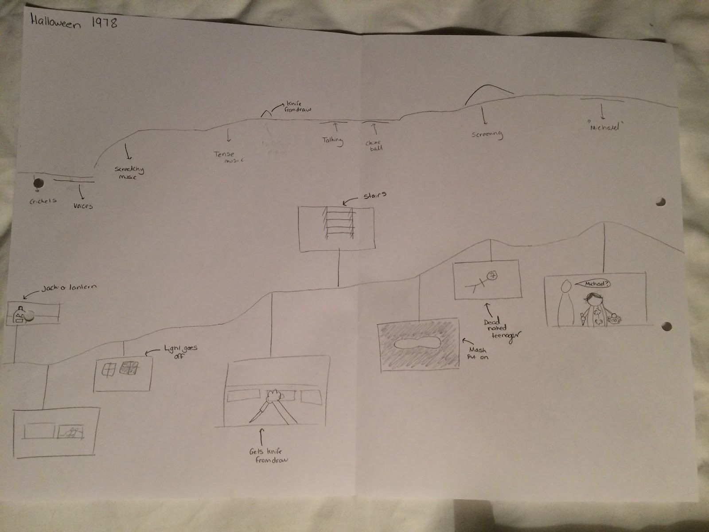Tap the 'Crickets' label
pos(43,200)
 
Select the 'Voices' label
pos(83,206)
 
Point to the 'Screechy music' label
pos(129,173)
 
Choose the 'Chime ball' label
pos(374,145)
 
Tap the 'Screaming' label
pos(487,134)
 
